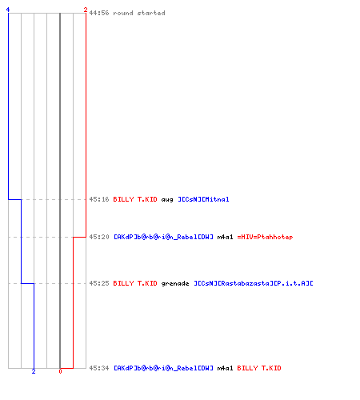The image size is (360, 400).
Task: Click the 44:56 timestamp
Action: click(x=99, y=13)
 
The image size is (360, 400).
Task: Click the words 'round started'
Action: click(x=139, y=13)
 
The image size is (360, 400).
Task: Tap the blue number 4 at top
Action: click(x=8, y=10)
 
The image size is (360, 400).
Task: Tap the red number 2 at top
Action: click(x=86, y=10)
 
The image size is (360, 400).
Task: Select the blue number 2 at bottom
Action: click(x=34, y=371)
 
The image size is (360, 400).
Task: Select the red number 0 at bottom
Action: click(x=60, y=371)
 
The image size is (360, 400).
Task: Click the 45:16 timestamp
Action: click(x=99, y=199)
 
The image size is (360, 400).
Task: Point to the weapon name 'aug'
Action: click(x=167, y=200)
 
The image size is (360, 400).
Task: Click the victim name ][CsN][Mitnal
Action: click(x=203, y=199)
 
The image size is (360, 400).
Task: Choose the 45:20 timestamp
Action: click(x=99, y=237)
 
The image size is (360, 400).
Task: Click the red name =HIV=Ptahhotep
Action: click(x=265, y=237)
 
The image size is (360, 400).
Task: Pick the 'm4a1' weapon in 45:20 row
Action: click(x=225, y=237)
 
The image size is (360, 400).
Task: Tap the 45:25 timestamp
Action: click(x=99, y=283)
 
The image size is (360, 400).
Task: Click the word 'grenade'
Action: click(x=175, y=283)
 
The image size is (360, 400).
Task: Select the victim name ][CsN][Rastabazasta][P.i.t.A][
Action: click(x=254, y=283)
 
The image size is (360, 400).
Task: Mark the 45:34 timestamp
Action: click(x=99, y=368)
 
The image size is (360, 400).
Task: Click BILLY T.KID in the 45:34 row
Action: click(x=259, y=368)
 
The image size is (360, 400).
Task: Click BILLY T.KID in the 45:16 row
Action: click(x=135, y=199)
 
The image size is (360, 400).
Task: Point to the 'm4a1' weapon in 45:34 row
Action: click(x=225, y=368)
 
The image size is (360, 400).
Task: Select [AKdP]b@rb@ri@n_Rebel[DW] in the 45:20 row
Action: click(x=163, y=237)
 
